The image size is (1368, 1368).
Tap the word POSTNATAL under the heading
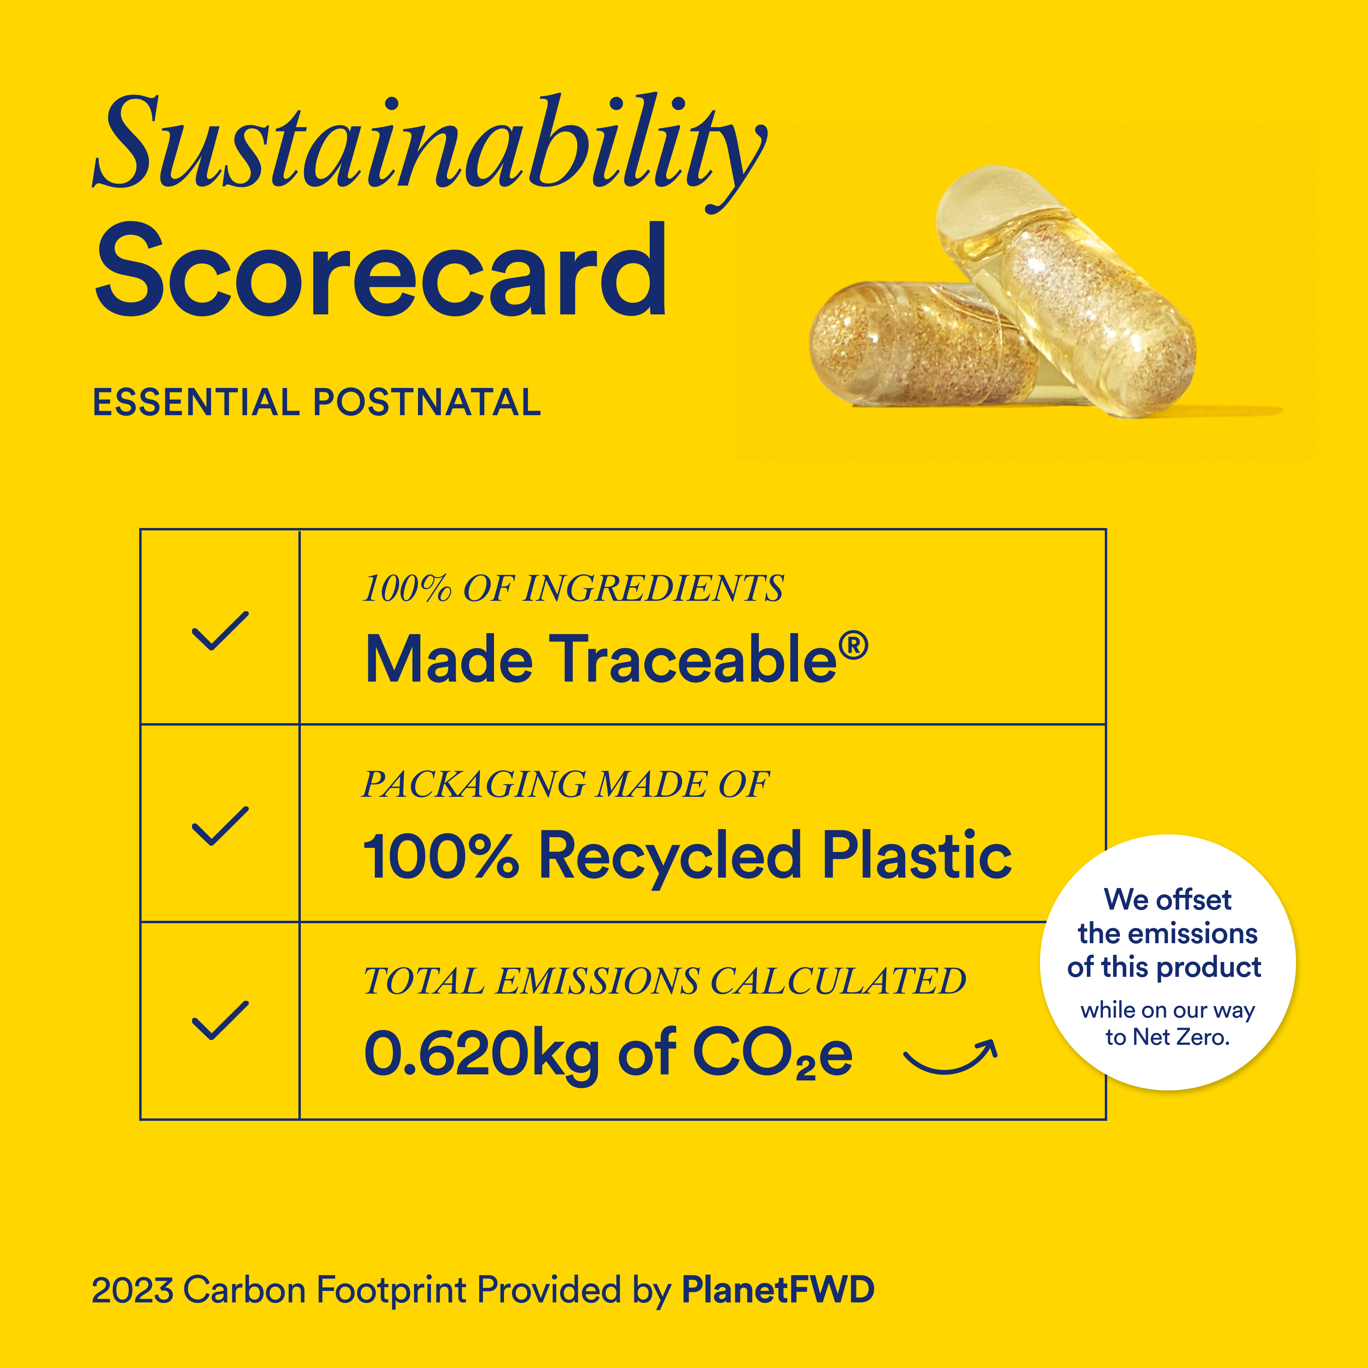pyautogui.click(x=427, y=402)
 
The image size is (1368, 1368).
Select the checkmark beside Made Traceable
pyautogui.click(x=220, y=630)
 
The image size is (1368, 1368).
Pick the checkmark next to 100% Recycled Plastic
pyautogui.click(x=220, y=826)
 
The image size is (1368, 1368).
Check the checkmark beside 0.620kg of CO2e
pyautogui.click(x=220, y=1020)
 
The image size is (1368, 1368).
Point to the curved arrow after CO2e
pyautogui.click(x=950, y=1056)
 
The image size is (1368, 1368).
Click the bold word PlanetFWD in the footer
pyautogui.click(x=778, y=1290)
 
